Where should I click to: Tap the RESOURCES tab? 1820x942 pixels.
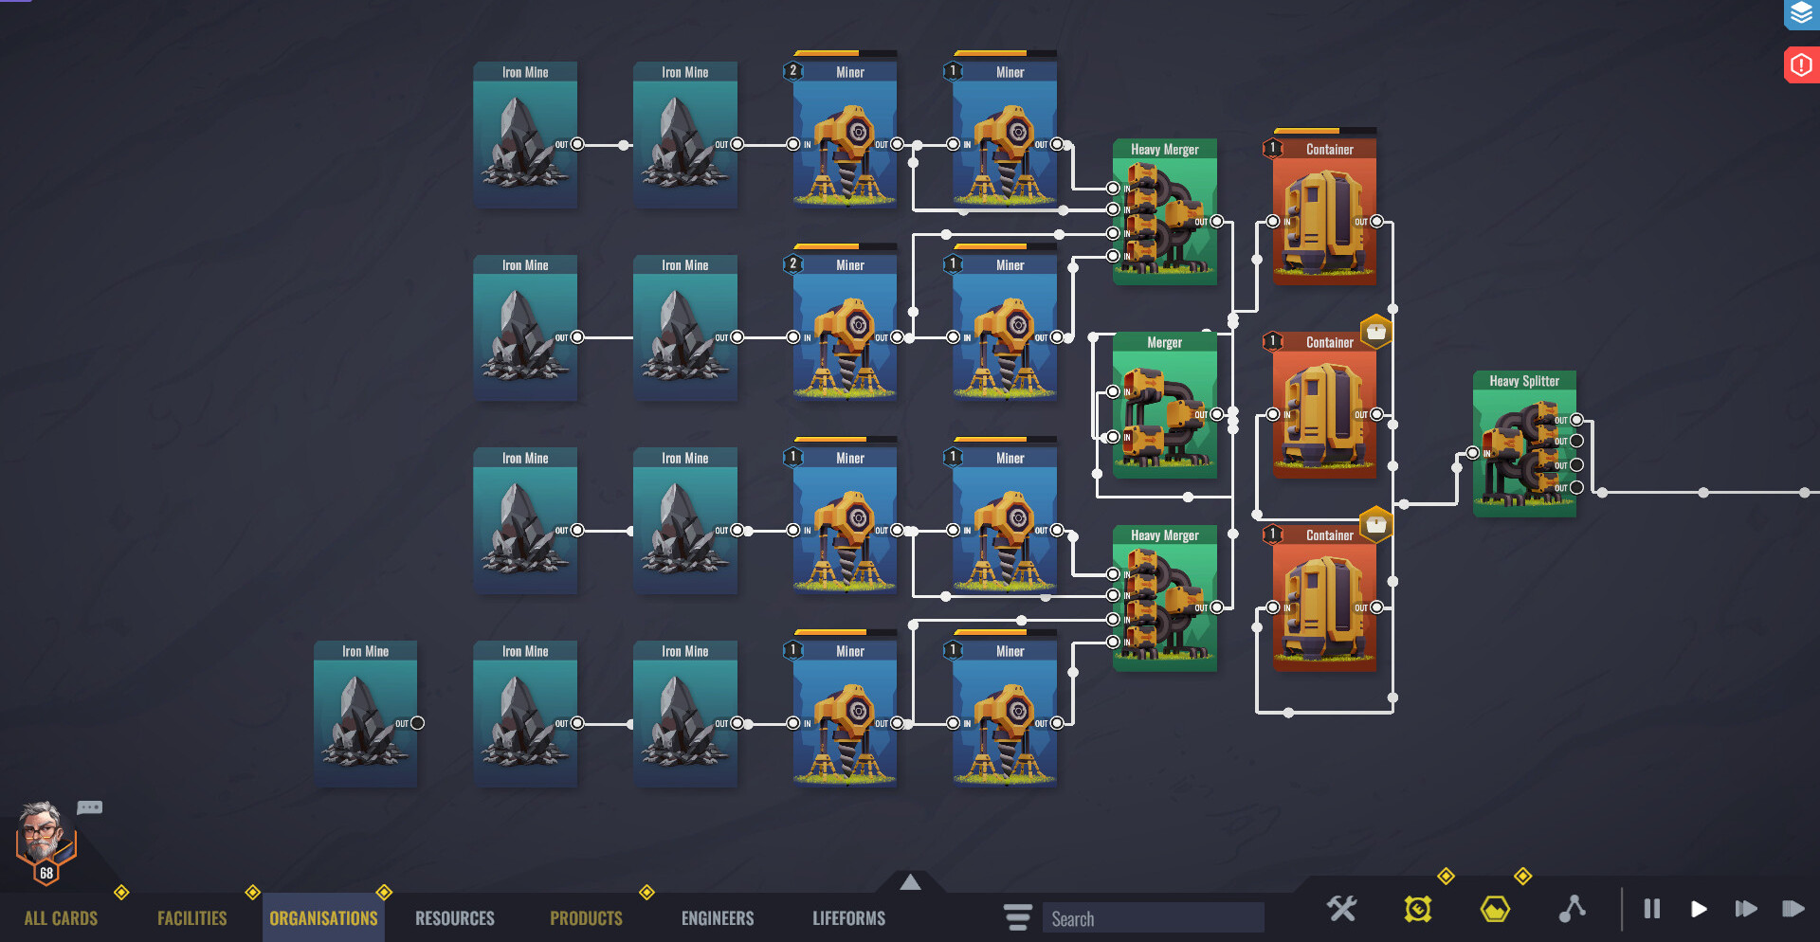pyautogui.click(x=454, y=918)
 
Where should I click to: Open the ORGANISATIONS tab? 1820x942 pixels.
pyautogui.click(x=323, y=918)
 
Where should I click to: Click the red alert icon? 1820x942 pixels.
pyautogui.click(x=1800, y=65)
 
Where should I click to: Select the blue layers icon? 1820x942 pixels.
pyautogui.click(x=1800, y=14)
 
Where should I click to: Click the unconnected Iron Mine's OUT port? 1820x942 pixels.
pyautogui.click(x=417, y=723)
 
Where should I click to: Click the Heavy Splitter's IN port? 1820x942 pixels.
pyautogui.click(x=1472, y=453)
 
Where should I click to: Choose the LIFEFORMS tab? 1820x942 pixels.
pyautogui.click(x=848, y=918)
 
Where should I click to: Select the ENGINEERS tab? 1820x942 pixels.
pyautogui.click(x=718, y=918)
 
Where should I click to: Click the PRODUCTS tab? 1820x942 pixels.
pyautogui.click(x=586, y=918)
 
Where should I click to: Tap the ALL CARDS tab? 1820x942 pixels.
pyautogui.click(x=61, y=918)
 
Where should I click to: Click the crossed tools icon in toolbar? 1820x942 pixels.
pyautogui.click(x=1341, y=910)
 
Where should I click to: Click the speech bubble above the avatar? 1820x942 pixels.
pyautogui.click(x=90, y=807)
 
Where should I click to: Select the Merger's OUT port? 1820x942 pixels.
pyautogui.click(x=1216, y=414)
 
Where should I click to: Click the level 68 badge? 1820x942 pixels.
pyautogui.click(x=46, y=873)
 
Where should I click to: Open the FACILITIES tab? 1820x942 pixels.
pyautogui.click(x=191, y=918)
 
